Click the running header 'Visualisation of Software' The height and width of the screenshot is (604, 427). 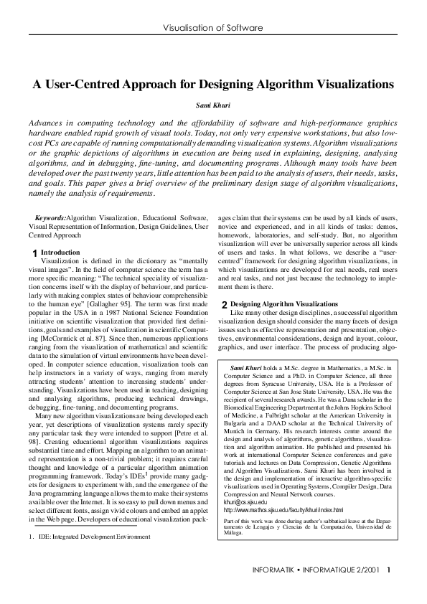(213, 28)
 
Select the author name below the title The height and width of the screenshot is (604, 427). (213, 105)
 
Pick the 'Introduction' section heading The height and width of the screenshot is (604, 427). (60, 253)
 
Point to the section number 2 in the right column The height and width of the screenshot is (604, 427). (224, 326)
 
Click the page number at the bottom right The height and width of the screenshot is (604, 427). (388, 590)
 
